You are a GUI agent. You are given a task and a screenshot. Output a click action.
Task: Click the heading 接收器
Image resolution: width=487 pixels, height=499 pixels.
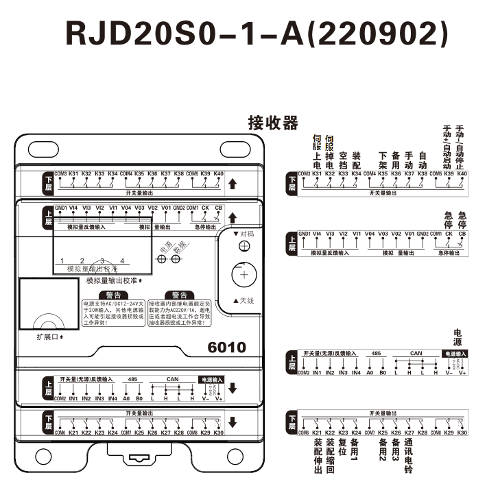pyautogui.click(x=273, y=123)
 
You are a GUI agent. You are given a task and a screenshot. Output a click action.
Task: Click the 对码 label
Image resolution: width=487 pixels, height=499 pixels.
pyautogui.click(x=243, y=234)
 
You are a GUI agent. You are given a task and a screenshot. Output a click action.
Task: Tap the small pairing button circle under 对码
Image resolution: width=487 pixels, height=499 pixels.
pyautogui.click(x=244, y=247)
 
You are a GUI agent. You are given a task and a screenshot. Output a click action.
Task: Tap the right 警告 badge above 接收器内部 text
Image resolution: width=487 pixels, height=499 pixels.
pyautogui.click(x=174, y=295)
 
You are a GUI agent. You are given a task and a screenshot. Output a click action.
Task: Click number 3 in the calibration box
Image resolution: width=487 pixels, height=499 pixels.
pyautogui.click(x=102, y=261)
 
